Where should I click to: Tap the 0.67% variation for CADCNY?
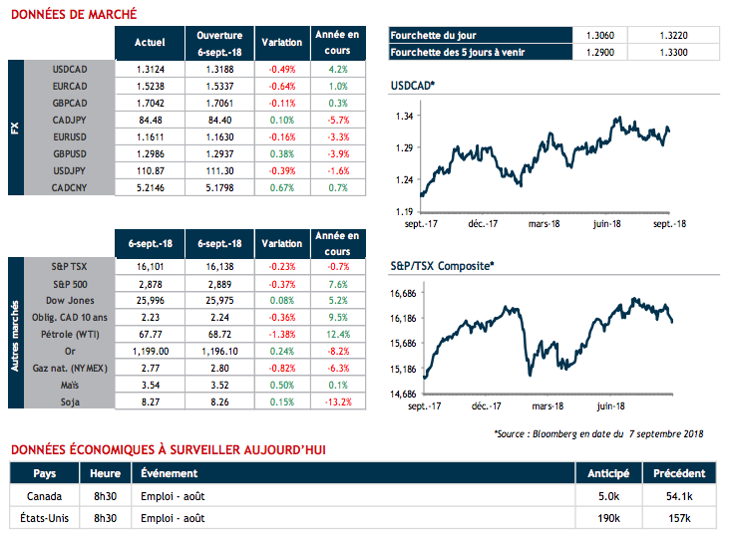(281, 186)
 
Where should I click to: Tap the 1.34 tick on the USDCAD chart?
(404, 116)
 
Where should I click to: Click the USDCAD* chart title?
(414, 87)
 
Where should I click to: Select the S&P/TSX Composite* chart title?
(443, 267)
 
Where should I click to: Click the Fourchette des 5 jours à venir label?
(460, 51)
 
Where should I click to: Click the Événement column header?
(170, 472)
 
